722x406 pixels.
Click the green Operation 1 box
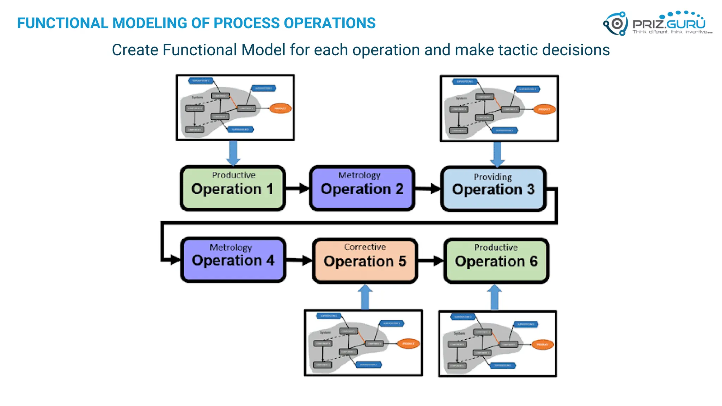pyautogui.click(x=233, y=189)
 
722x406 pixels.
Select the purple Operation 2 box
pyautogui.click(x=362, y=189)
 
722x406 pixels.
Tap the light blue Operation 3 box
pyautogui.click(x=493, y=189)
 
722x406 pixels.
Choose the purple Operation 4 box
pyautogui.click(x=233, y=260)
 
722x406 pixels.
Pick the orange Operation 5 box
pyautogui.click(x=365, y=261)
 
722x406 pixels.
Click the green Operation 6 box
pyautogui.click(x=496, y=261)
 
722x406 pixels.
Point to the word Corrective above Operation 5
pyautogui.click(x=365, y=247)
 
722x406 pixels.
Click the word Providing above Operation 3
pyautogui.click(x=492, y=177)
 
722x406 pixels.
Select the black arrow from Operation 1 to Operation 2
pyautogui.click(x=297, y=188)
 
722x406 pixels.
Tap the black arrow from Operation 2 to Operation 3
pyautogui.click(x=428, y=189)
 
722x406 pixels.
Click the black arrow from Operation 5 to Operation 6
pyautogui.click(x=430, y=261)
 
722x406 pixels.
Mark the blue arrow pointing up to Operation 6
pyautogui.click(x=495, y=297)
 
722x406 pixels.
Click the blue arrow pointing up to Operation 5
pyautogui.click(x=365, y=297)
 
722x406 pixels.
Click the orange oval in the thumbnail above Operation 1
pyautogui.click(x=281, y=108)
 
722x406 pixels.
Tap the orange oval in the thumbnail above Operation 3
pyautogui.click(x=544, y=109)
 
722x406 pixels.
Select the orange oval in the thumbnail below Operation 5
pyautogui.click(x=408, y=343)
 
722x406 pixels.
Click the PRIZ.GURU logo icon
pyautogui.click(x=616, y=24)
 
